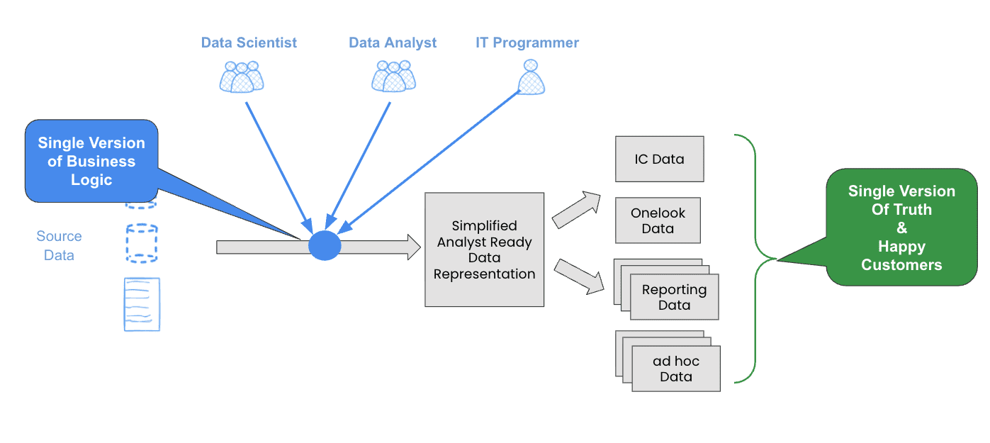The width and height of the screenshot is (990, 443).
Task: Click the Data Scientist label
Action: [x=249, y=43]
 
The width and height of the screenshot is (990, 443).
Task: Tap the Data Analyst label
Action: [x=393, y=43]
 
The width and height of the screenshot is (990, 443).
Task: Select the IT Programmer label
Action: [x=527, y=43]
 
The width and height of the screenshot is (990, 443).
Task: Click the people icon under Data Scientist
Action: [x=242, y=77]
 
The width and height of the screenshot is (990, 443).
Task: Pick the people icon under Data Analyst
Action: [x=393, y=76]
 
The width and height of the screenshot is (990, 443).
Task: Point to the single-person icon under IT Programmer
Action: [x=531, y=77]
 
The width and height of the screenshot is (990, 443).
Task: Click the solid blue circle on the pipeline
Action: [x=325, y=246]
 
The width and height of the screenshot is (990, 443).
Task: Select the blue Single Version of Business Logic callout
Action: [x=91, y=161]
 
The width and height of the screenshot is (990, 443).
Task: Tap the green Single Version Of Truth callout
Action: [x=901, y=228]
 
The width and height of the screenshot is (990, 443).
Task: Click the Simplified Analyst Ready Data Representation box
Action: [x=485, y=249]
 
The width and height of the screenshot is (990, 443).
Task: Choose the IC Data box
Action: [x=659, y=159]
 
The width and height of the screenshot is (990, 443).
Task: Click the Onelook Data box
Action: [x=658, y=220]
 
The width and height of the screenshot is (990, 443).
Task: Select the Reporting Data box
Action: [x=674, y=297]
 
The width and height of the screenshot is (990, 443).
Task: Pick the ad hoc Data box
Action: [x=676, y=369]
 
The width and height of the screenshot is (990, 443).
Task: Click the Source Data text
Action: [x=59, y=245]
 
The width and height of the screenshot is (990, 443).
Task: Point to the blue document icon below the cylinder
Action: [x=142, y=304]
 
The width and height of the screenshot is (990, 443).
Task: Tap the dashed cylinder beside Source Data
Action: [x=142, y=244]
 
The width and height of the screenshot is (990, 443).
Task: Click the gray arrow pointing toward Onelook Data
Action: [x=576, y=210]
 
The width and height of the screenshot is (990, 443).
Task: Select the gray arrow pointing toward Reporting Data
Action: [x=578, y=276]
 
